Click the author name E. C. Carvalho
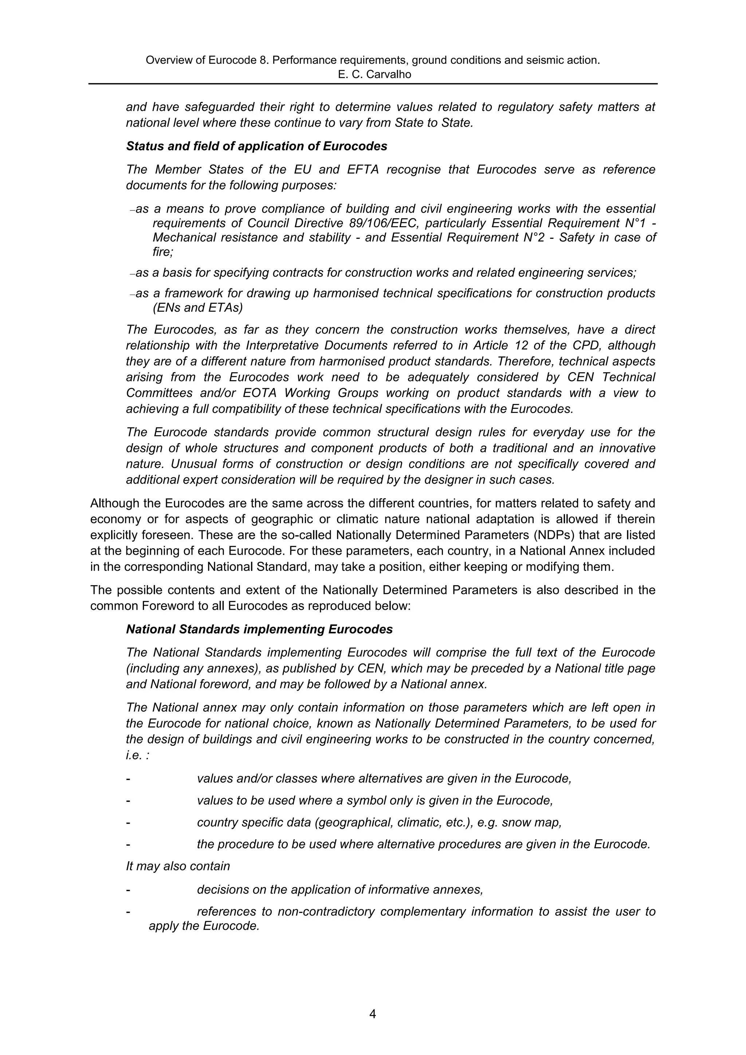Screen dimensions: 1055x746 [374, 74]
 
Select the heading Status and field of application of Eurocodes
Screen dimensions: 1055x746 [256, 147]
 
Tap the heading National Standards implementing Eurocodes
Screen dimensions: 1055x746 [259, 630]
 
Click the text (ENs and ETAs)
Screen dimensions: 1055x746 [198, 308]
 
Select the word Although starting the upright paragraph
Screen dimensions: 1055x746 [115, 504]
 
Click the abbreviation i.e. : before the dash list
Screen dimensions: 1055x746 [137, 755]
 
